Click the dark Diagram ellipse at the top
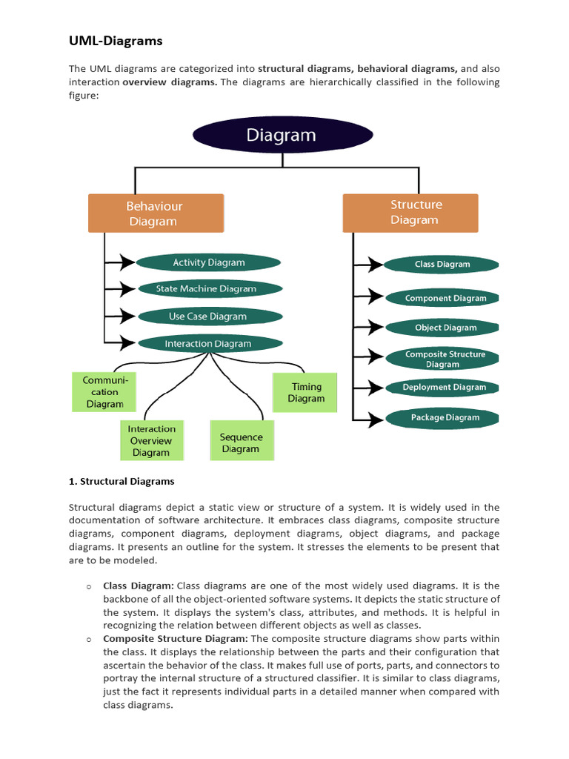click(x=282, y=136)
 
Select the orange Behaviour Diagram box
click(x=156, y=213)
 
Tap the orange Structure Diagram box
click(x=410, y=213)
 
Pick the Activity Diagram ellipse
click(x=209, y=262)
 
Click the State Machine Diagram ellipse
click(x=209, y=289)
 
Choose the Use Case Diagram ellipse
click(x=209, y=316)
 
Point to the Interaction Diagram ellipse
click(x=209, y=344)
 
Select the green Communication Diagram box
click(x=104, y=392)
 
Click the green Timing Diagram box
click(x=306, y=392)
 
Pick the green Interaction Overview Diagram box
click(x=151, y=440)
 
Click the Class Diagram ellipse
click(x=442, y=264)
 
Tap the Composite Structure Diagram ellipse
click(x=444, y=359)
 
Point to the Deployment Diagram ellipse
click(x=444, y=388)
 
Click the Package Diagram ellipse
click(x=444, y=418)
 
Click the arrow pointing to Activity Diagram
click(x=120, y=262)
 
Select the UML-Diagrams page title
click(x=116, y=41)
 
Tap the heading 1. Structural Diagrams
click(x=122, y=481)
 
